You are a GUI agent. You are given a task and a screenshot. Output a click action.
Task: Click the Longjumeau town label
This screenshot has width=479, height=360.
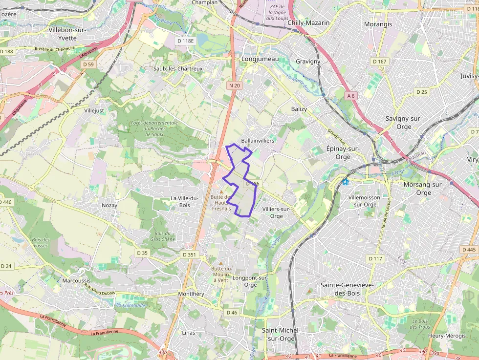pos(260,59)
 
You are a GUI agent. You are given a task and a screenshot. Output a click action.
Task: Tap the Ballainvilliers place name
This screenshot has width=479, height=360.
pos(258,140)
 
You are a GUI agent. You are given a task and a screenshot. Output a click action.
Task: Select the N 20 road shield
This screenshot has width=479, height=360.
pos(234,85)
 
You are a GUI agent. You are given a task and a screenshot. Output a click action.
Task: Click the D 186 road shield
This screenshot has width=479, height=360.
pos(252,184)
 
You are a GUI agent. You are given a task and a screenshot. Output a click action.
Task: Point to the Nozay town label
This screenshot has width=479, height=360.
pos(109,205)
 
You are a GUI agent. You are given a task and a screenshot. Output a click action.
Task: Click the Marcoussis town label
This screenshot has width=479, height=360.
pos(77,280)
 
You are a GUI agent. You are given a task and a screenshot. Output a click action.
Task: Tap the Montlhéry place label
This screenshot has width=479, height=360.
pos(191,294)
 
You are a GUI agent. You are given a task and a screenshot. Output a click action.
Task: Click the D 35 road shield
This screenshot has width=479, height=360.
pos(142,253)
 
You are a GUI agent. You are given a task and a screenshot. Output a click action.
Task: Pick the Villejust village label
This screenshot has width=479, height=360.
pos(94,111)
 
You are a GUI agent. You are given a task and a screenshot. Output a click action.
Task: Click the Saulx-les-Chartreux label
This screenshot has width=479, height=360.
pos(178,69)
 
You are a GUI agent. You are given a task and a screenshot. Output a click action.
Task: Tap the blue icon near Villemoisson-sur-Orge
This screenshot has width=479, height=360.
pos(345,182)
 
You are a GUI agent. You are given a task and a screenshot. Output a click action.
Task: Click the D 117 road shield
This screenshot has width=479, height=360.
pos(375,258)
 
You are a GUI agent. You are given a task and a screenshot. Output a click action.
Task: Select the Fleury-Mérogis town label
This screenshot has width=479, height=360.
pos(446,336)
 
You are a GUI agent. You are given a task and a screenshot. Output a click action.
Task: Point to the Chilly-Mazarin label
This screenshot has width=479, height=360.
pos(308,22)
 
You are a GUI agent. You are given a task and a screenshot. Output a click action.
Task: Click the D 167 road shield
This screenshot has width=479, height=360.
pos(379,62)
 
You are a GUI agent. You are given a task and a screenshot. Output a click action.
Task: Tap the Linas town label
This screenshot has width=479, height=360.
pos(188,333)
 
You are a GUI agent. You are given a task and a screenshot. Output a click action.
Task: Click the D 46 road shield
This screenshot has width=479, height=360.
pos(232,312)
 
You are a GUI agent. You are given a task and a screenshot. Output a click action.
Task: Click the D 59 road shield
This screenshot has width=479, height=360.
pos(88,64)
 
